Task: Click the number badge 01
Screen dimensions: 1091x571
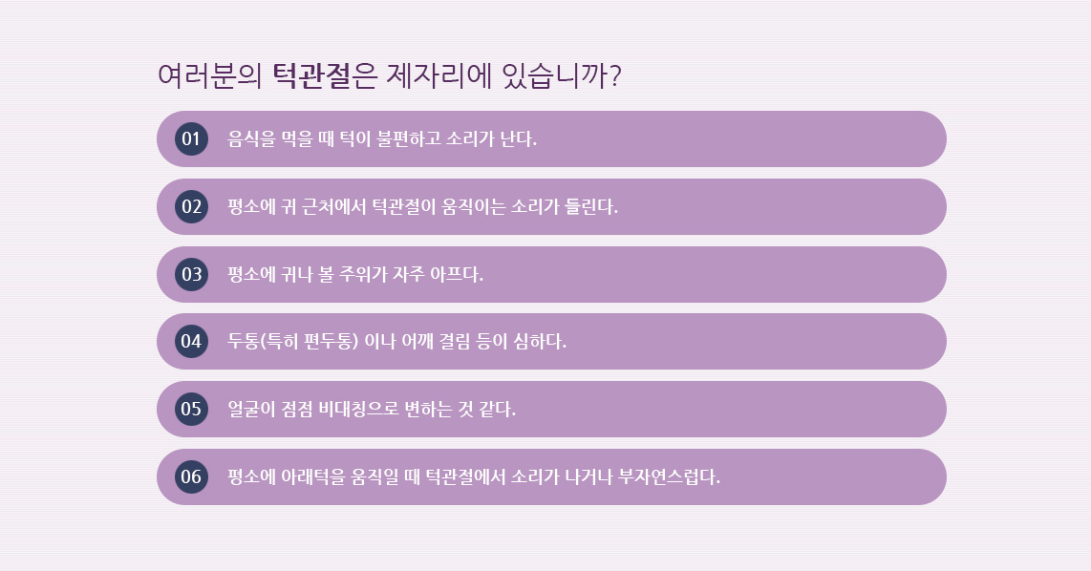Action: click(191, 138)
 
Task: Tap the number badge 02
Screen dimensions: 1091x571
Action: click(191, 206)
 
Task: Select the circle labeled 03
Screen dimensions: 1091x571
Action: click(191, 274)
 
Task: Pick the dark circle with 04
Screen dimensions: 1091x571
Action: click(191, 342)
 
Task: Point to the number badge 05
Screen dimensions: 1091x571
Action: click(191, 409)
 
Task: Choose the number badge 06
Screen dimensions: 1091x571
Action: click(191, 476)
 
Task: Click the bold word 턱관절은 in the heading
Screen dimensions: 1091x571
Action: click(324, 75)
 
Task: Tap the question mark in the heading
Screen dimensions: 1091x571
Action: click(614, 75)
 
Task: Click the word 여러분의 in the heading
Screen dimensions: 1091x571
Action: click(209, 75)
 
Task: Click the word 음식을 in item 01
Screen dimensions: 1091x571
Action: click(252, 138)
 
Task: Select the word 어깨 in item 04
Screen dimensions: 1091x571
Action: click(417, 342)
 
